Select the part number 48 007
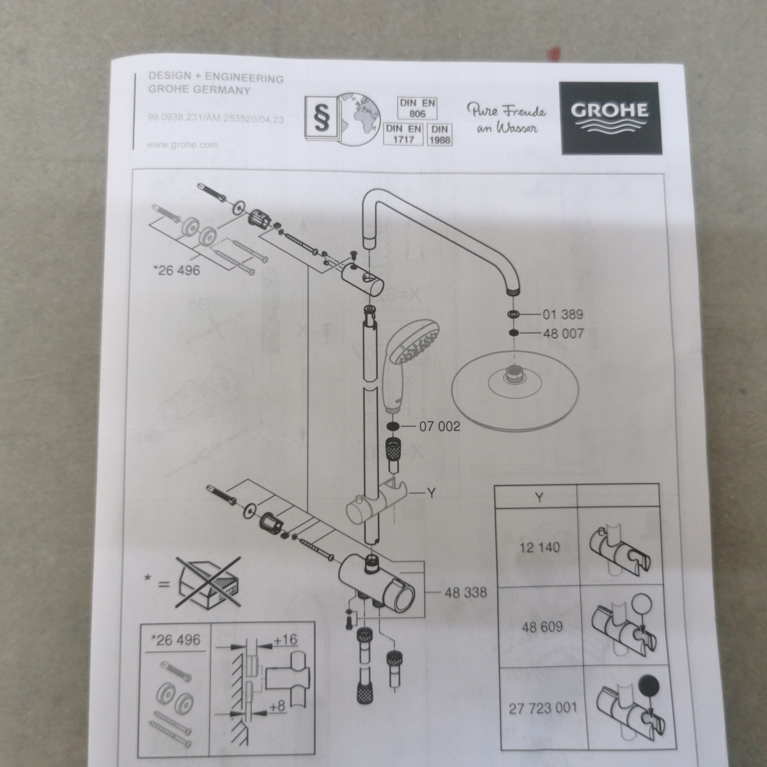563,333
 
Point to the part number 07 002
440,426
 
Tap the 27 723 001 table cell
542,708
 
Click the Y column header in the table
539,497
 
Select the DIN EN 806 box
417,108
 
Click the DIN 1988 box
440,135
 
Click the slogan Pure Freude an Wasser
506,118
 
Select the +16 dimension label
285,640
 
